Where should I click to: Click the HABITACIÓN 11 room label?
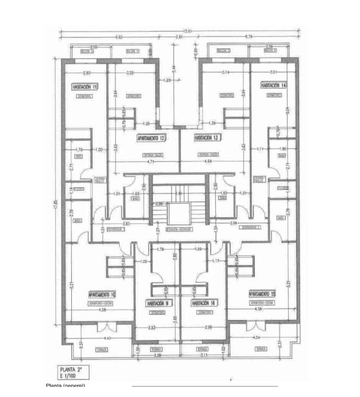85,86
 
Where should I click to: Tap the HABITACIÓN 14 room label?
273,85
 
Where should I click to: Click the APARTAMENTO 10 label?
103,294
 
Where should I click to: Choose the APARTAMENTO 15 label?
262,294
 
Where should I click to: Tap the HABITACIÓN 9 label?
158,303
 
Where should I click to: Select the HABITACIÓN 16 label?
204,303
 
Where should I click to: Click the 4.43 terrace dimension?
107,338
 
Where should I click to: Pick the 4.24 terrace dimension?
258,338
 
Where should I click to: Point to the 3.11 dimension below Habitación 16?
204,354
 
